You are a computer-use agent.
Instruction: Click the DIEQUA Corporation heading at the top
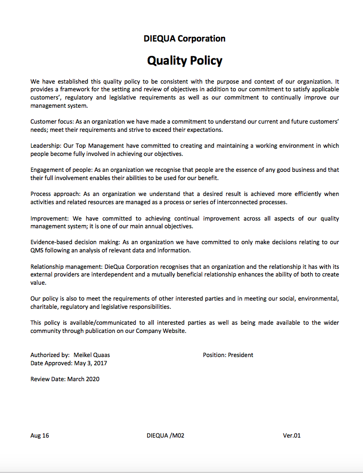185,38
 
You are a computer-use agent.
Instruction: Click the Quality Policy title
185,61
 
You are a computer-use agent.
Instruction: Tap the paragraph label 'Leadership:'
47,146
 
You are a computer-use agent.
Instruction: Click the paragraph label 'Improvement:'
49,218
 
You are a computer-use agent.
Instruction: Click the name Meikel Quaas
92,355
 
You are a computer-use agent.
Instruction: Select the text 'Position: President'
228,355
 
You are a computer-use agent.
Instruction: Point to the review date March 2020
83,379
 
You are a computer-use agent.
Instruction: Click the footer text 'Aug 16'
40,436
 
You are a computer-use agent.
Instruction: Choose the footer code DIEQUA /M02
165,436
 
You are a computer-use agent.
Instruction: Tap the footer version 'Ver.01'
292,436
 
